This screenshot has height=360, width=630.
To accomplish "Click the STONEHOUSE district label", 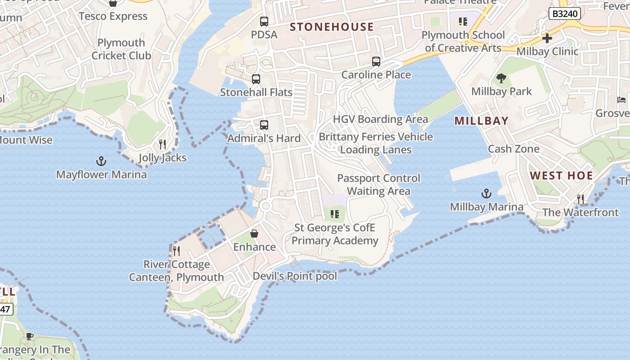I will pyautogui.click(x=332, y=27).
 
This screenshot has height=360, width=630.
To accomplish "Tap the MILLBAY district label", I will pyautogui.click(x=481, y=121).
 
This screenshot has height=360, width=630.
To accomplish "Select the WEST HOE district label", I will pyautogui.click(x=561, y=175).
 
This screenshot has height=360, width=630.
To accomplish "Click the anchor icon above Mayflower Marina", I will pyautogui.click(x=101, y=161).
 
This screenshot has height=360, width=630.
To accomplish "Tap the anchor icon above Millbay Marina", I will pyautogui.click(x=486, y=194).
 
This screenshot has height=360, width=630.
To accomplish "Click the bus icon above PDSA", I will pyautogui.click(x=264, y=21).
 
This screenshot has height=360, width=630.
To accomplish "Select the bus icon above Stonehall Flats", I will pyautogui.click(x=256, y=79).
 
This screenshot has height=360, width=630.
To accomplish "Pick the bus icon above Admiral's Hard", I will pyautogui.click(x=264, y=125).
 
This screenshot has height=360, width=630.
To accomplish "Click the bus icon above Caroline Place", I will pyautogui.click(x=376, y=62).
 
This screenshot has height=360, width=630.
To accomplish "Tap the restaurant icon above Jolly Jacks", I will pyautogui.click(x=162, y=144).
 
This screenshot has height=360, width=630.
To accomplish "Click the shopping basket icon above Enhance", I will pyautogui.click(x=254, y=234).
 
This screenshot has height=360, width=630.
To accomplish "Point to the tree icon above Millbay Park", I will pyautogui.click(x=501, y=78).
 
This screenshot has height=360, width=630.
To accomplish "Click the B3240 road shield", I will pyautogui.click(x=564, y=14).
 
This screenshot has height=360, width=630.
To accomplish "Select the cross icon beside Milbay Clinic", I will pyautogui.click(x=547, y=38).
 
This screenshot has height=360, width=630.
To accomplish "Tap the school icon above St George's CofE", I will pyautogui.click(x=334, y=214).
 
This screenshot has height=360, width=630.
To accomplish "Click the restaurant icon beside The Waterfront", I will pyautogui.click(x=580, y=199).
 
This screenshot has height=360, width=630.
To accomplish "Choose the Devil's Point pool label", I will pyautogui.click(x=295, y=276).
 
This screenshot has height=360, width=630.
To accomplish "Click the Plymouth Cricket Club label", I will pyautogui.click(x=121, y=49).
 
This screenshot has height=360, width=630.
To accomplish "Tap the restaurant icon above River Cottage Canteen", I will pyautogui.click(x=176, y=251).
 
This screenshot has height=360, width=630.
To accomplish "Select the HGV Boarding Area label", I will pyautogui.click(x=380, y=119).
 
